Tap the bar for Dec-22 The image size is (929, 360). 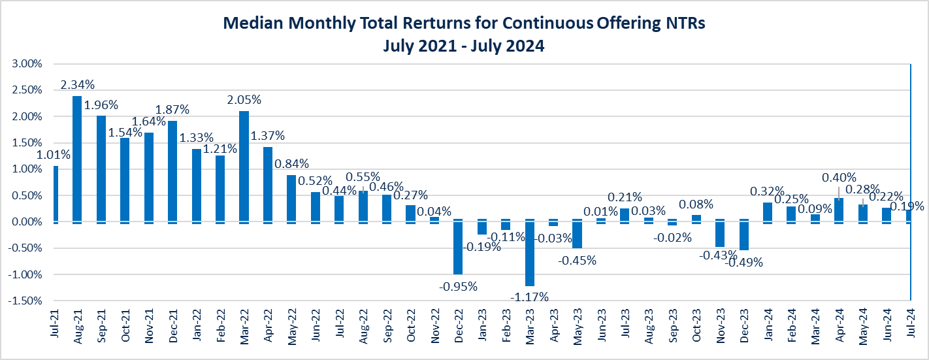458,248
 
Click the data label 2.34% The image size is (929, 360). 77,85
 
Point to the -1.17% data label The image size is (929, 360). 530,297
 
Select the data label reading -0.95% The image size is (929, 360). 458,286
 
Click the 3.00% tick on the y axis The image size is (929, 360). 26,64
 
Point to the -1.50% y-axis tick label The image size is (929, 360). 25,301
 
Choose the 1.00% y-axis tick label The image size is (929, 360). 26,169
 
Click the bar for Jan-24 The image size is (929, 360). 768,212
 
